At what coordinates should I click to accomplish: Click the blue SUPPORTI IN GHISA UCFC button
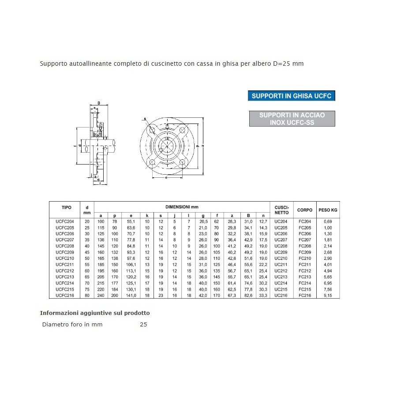(x=291, y=96)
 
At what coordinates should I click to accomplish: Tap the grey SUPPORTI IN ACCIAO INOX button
(x=292, y=119)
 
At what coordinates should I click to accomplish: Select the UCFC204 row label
(x=64, y=221)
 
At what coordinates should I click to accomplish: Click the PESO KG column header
(x=328, y=210)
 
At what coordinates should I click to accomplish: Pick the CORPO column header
(x=305, y=210)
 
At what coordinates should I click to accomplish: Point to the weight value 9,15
(x=328, y=296)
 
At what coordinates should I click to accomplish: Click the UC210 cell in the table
(x=281, y=258)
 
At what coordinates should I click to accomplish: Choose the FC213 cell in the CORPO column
(x=305, y=277)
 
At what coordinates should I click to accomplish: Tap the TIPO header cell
(x=67, y=207)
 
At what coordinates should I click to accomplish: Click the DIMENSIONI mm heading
(x=182, y=207)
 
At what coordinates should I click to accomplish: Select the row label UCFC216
(x=64, y=296)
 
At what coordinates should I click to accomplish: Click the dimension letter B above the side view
(x=98, y=103)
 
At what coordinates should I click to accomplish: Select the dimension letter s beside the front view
(x=145, y=119)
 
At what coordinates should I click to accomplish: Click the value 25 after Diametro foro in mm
(x=143, y=325)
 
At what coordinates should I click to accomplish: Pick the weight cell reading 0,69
(x=328, y=221)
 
